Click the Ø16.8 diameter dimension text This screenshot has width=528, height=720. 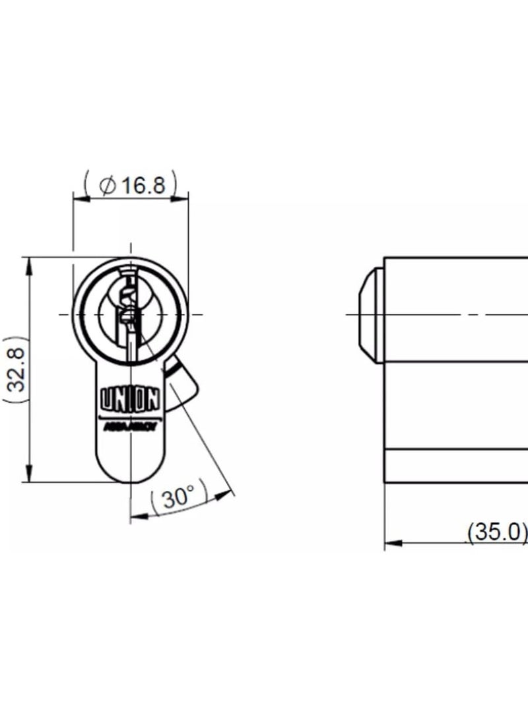pyautogui.click(x=131, y=185)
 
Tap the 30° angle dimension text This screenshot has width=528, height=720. pyautogui.click(x=178, y=497)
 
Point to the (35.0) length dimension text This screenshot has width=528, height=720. pyautogui.click(x=498, y=532)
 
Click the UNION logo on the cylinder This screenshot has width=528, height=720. pyautogui.click(x=129, y=399)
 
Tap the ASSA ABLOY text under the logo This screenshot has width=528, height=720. pyautogui.click(x=129, y=426)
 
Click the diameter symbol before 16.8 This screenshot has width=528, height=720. pyautogui.click(x=108, y=186)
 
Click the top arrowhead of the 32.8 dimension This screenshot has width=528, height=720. pyautogui.click(x=29, y=264)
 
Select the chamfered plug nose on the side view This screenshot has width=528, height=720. pyautogui.click(x=370, y=314)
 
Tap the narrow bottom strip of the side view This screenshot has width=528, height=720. pyautogui.click(x=455, y=466)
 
